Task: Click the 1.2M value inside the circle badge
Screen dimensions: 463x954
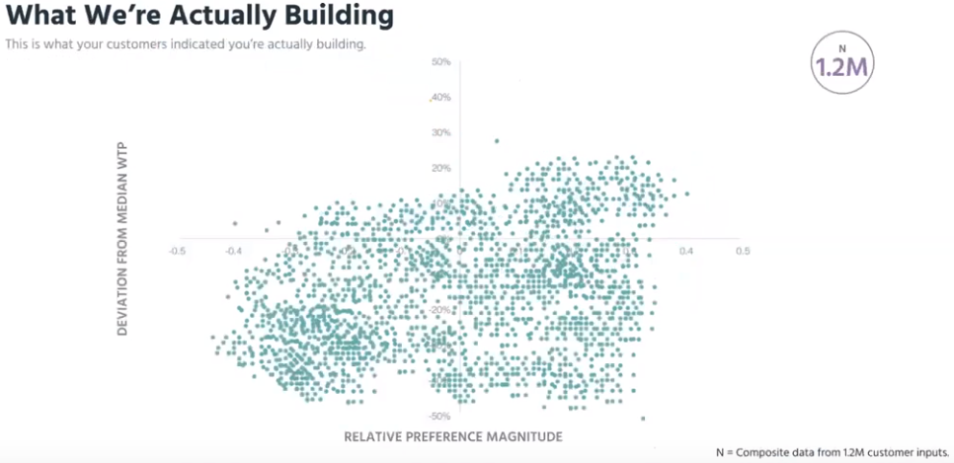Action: point(842,67)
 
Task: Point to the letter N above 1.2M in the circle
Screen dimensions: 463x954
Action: point(842,47)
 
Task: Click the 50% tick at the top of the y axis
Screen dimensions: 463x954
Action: point(441,62)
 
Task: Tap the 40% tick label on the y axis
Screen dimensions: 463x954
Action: point(441,97)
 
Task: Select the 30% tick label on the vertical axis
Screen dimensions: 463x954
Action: point(441,132)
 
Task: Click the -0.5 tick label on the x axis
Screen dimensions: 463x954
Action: point(177,251)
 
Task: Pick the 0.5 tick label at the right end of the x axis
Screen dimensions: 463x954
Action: point(742,251)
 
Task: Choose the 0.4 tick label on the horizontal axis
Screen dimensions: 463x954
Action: point(685,251)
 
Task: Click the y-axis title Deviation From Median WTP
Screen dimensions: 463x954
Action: point(123,238)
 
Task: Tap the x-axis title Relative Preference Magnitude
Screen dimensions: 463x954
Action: point(453,435)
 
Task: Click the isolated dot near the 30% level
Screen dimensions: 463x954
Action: point(497,141)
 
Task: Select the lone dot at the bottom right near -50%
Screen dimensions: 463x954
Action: point(643,419)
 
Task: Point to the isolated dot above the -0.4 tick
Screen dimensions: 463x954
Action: point(235,223)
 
